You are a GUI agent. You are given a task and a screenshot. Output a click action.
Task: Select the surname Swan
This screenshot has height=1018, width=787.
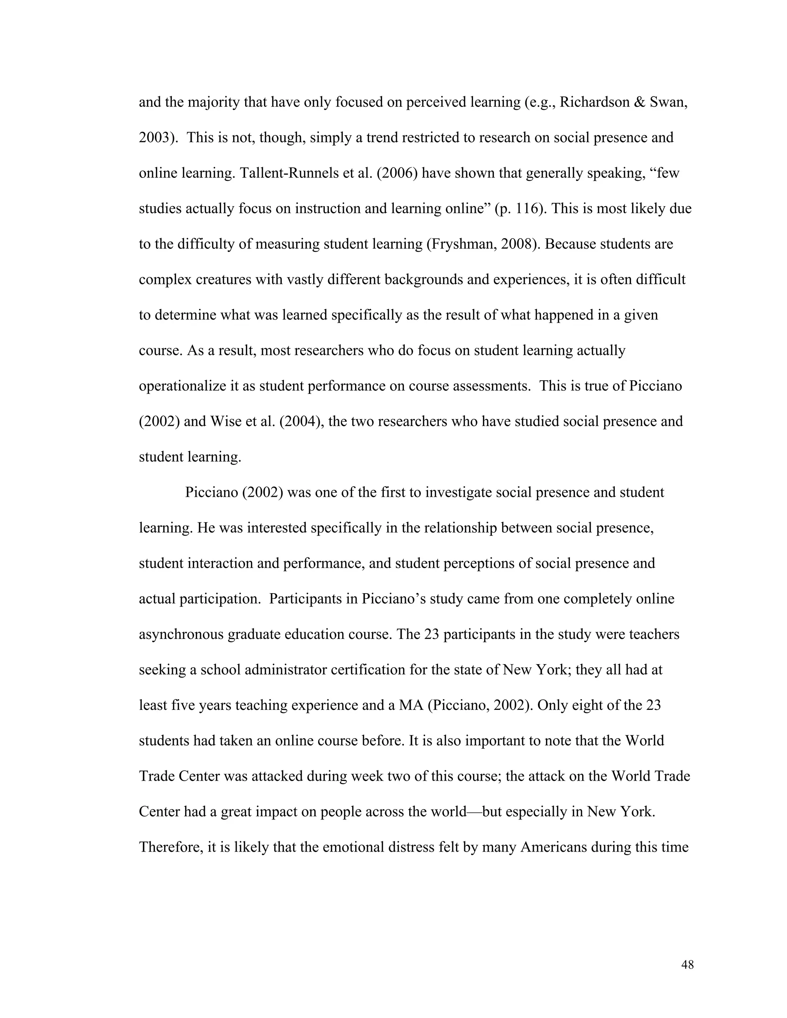[667, 102]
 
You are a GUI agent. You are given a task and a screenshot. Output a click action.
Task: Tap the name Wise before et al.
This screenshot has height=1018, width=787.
[225, 421]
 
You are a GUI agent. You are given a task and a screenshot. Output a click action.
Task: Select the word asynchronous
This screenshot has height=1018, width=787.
[181, 634]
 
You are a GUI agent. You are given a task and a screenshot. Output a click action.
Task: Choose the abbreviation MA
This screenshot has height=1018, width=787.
[410, 705]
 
